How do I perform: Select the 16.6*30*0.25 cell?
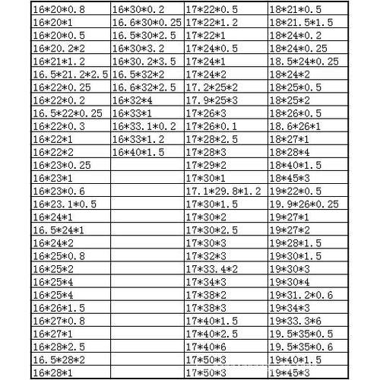point(147,23)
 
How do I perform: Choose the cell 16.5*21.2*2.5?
point(71,74)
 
